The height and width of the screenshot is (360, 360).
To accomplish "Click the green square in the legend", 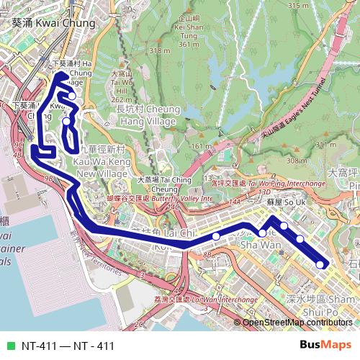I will [x=10, y=346].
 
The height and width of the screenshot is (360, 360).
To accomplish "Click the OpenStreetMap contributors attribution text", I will [x=299, y=323].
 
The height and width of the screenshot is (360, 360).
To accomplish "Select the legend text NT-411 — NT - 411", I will [x=68, y=346].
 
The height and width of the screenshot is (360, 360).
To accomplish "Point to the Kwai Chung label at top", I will [x=54, y=23].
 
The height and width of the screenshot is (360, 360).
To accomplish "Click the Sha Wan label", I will [x=260, y=245].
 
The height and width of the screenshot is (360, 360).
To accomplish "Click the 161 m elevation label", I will [x=199, y=147].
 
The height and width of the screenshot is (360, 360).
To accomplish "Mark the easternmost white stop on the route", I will [x=320, y=265].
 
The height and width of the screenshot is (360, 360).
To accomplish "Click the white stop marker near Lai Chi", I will [x=216, y=236].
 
